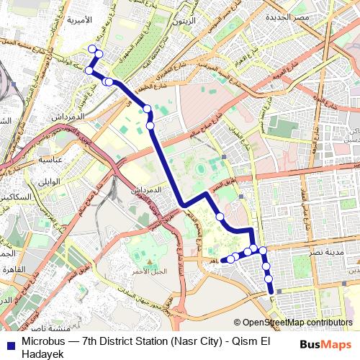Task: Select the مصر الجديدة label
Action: [x=287, y=16]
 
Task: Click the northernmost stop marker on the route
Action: [x=91, y=48]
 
